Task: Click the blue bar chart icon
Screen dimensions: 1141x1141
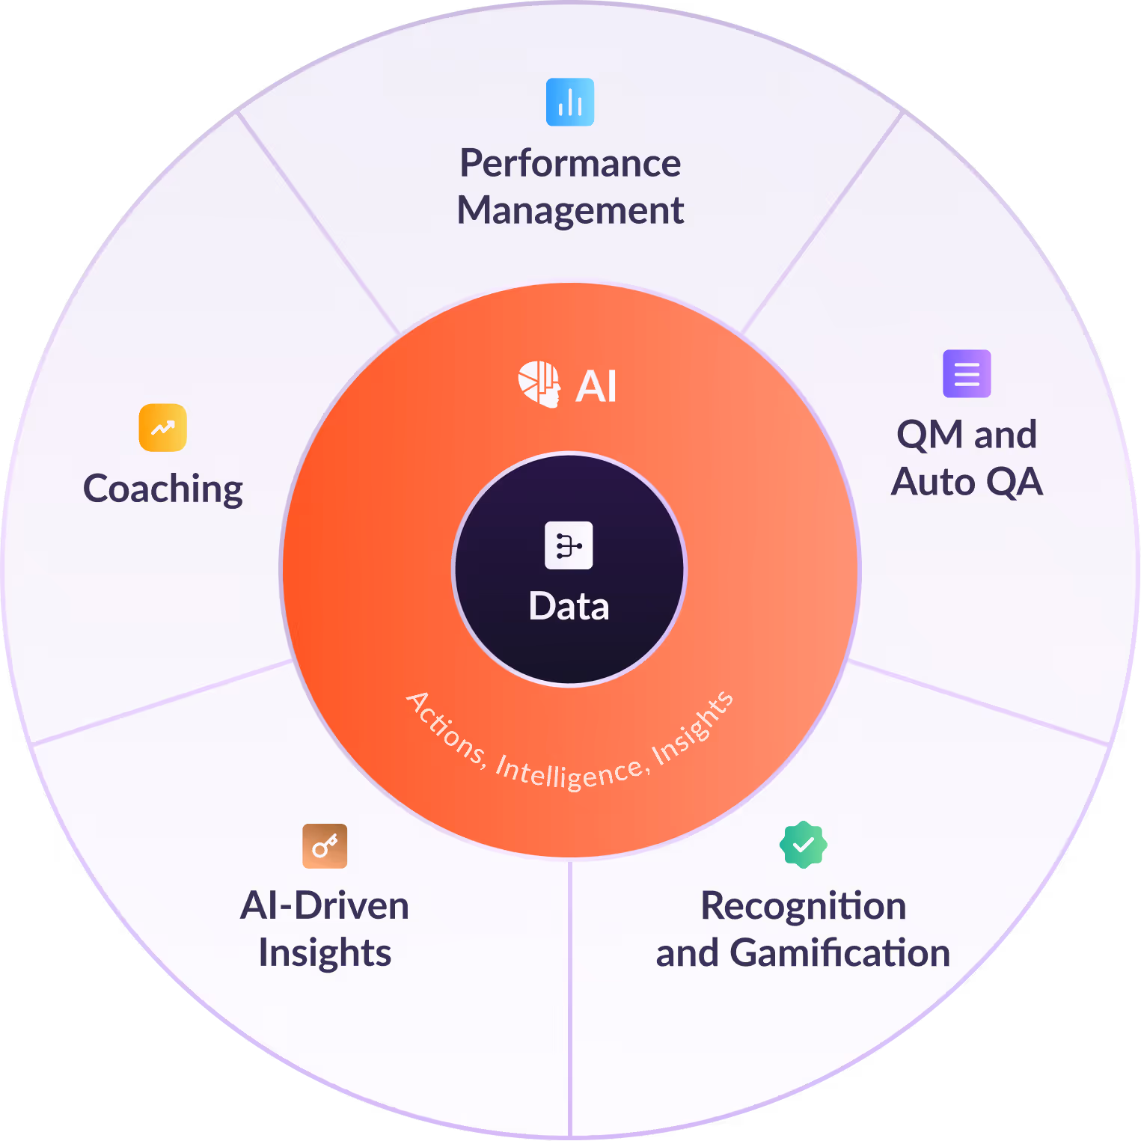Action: pyautogui.click(x=570, y=102)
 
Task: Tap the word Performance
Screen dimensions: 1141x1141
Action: pyautogui.click(x=570, y=164)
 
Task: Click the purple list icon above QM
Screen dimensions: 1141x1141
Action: pyautogui.click(x=967, y=373)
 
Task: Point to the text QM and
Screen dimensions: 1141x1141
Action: pyautogui.click(x=967, y=435)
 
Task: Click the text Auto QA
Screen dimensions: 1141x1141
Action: pyautogui.click(x=967, y=482)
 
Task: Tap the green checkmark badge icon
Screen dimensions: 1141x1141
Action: pyautogui.click(x=803, y=845)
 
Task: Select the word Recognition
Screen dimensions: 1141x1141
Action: pyautogui.click(x=803, y=906)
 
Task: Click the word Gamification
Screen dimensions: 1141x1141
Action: pyautogui.click(x=839, y=953)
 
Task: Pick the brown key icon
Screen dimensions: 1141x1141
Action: pyautogui.click(x=325, y=846)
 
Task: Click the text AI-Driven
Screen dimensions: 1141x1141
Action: pyautogui.click(x=325, y=906)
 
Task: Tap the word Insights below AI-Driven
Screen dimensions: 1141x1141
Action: pyautogui.click(x=325, y=953)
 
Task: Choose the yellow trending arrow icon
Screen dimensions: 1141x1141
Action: pyautogui.click(x=162, y=428)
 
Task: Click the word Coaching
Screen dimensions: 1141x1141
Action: pyautogui.click(x=162, y=489)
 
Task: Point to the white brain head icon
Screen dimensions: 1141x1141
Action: pyautogui.click(x=539, y=385)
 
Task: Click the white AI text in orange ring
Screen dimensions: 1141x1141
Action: pyautogui.click(x=596, y=387)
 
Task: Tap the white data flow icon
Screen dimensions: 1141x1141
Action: pyautogui.click(x=569, y=545)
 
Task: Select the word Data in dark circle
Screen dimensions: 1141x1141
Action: pyautogui.click(x=569, y=606)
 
